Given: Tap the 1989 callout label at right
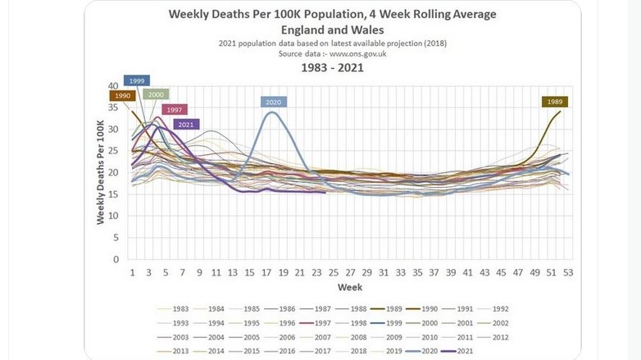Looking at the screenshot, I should (x=556, y=102).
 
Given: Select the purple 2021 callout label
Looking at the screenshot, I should (x=186, y=125).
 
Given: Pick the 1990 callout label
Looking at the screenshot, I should (x=123, y=96).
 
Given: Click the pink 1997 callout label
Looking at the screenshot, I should (x=174, y=110).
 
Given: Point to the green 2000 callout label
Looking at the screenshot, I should (x=156, y=94).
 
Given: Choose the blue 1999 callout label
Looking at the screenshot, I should (x=137, y=80).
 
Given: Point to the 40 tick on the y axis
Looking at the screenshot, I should (x=114, y=85).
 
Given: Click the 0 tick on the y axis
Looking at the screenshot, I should (x=116, y=259).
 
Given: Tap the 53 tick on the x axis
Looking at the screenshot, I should (x=568, y=271).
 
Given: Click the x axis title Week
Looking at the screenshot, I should (x=350, y=287).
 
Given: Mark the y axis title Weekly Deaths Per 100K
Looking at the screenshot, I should (x=101, y=172).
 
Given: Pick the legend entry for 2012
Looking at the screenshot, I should (x=495, y=335).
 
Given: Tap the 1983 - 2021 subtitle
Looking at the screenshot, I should (x=332, y=68).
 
